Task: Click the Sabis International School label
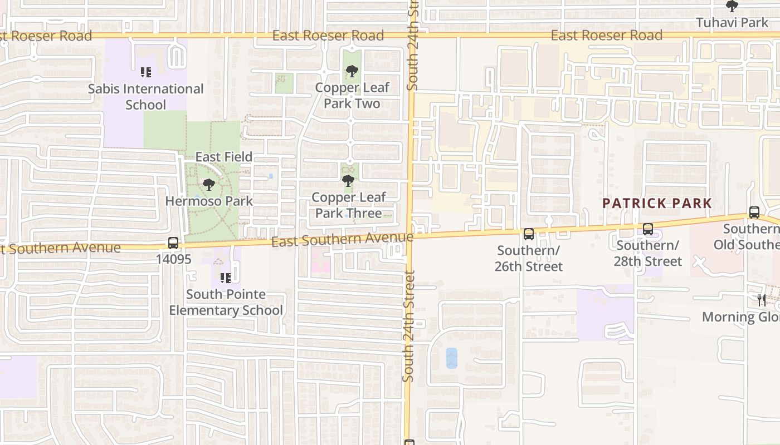pos(145,97)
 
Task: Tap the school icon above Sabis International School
pos(146,72)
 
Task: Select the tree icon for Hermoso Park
pos(209,185)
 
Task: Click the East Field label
pos(223,157)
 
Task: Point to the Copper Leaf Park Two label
pos(352,96)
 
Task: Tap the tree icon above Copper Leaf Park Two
pos(352,71)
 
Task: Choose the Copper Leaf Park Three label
pos(348,205)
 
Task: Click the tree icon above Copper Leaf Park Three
pos(348,181)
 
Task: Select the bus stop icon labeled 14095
pos(173,243)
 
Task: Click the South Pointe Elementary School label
pos(226,302)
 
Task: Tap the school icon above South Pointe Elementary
pos(226,278)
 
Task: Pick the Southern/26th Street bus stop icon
pos(529,234)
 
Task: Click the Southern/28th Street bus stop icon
pos(648,229)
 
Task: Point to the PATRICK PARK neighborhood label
pos(657,203)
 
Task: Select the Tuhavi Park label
pos(732,23)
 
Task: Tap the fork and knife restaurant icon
pos(762,300)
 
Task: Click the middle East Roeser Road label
pos(328,36)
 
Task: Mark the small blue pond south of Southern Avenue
pos(451,358)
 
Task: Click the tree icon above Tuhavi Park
pos(732,6)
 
